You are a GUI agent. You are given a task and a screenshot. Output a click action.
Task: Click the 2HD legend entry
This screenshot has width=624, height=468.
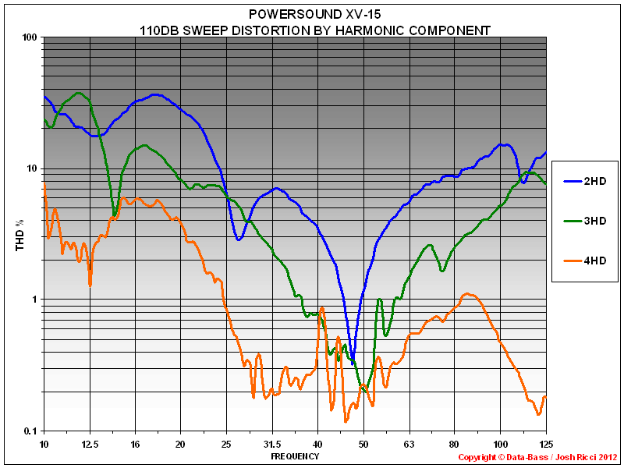click(x=595, y=181)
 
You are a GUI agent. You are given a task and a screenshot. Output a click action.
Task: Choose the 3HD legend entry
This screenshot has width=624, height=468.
click(x=595, y=221)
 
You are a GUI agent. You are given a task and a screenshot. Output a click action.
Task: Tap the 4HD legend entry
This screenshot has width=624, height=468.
click(x=595, y=261)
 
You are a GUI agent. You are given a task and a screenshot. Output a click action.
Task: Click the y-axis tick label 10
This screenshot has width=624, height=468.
click(x=33, y=168)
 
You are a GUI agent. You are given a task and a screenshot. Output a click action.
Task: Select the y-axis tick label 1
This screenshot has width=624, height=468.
click(x=36, y=300)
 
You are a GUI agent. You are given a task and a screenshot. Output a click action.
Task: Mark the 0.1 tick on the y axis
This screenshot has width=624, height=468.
click(x=31, y=431)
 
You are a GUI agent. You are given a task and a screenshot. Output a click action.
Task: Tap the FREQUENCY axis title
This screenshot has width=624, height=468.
click(x=295, y=456)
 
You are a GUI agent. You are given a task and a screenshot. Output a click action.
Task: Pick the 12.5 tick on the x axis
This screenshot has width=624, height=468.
click(x=90, y=443)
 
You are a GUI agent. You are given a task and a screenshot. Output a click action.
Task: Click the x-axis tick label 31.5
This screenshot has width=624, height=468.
click(x=272, y=443)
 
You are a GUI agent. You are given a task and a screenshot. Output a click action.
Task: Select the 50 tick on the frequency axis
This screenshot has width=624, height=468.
click(x=363, y=443)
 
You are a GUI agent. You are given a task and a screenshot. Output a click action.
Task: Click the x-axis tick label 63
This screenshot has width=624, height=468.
click(x=409, y=443)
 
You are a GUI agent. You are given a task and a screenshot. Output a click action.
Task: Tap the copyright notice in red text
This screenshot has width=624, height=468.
click(x=537, y=457)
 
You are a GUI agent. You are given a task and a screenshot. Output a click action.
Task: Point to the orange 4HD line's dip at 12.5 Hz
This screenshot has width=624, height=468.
click(x=90, y=285)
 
